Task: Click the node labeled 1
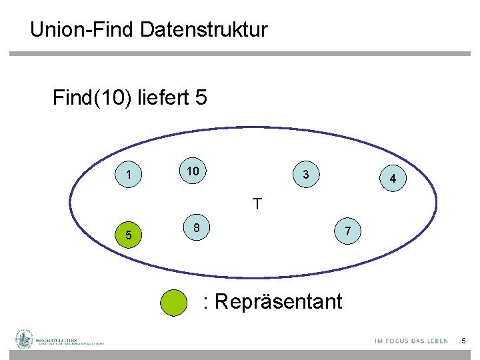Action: tap(127, 175)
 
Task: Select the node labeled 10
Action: tap(193, 171)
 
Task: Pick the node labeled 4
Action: tap(393, 179)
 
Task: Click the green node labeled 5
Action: tap(128, 235)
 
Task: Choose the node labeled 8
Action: tap(196, 228)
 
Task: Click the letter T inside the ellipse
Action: tap(257, 204)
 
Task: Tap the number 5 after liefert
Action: tap(201, 99)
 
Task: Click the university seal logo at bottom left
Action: tap(25, 339)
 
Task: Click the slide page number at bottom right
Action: tap(463, 341)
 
